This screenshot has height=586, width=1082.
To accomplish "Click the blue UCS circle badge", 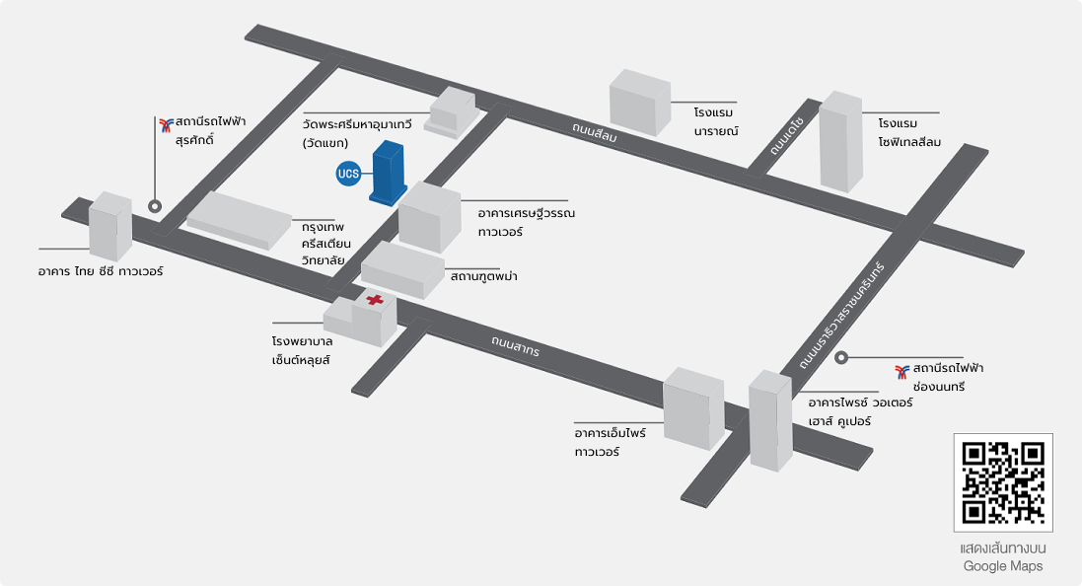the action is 348,174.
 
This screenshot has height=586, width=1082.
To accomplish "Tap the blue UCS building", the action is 389,174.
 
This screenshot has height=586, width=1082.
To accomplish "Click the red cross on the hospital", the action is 375,300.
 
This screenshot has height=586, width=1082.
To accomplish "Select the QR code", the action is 1003,482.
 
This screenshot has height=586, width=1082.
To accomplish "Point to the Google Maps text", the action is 1003,566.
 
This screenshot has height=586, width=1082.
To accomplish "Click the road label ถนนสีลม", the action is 594,132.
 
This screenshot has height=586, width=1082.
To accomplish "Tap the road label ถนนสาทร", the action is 516,345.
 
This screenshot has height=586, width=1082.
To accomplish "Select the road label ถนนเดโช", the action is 787,136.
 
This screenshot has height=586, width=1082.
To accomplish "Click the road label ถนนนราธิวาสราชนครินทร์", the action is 842,316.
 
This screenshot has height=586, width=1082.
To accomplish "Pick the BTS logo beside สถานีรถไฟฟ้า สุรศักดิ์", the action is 167,125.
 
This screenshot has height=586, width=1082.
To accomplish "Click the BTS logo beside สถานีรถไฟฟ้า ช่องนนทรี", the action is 902,372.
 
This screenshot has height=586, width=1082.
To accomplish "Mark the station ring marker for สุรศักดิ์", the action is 155,205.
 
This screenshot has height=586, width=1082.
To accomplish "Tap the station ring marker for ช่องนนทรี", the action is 841,357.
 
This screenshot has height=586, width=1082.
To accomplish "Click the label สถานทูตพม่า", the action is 483,276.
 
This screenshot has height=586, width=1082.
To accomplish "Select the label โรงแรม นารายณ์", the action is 716,121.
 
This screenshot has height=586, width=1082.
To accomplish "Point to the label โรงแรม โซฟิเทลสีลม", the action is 909,132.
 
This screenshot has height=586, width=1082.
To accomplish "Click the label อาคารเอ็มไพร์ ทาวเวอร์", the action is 610,442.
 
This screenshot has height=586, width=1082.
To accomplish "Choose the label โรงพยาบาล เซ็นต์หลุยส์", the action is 302,350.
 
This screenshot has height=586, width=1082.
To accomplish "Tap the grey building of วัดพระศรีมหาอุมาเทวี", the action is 452,111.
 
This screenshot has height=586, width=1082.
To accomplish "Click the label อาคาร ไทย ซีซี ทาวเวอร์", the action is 101,271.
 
